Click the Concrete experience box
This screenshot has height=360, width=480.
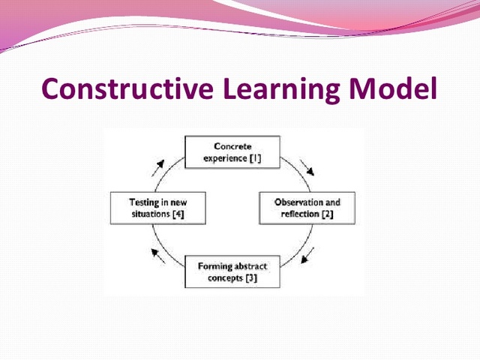point(232,152)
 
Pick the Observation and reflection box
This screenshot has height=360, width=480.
point(307,208)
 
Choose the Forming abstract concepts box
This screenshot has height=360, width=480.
point(232,272)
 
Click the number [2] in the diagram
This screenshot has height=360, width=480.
point(327,215)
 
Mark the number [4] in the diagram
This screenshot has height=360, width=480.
point(177,215)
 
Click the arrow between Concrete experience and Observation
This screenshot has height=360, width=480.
point(306,166)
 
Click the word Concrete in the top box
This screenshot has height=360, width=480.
point(232,146)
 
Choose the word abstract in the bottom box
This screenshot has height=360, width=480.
point(248,266)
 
